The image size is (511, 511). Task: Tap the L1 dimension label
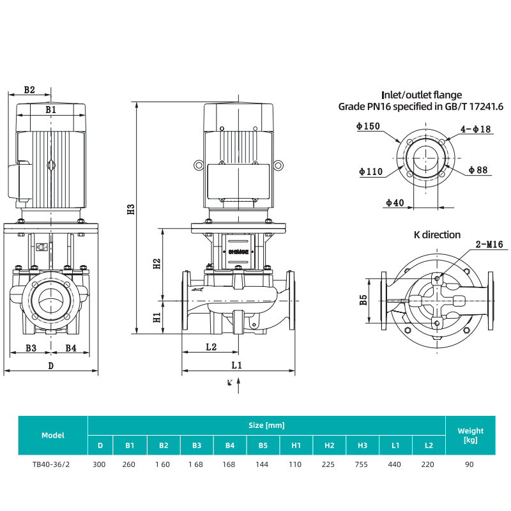[237, 365]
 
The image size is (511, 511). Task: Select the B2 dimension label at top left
[29, 90]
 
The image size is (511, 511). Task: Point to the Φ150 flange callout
[369, 126]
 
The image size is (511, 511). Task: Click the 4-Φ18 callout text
[477, 130]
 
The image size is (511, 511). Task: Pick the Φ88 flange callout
[478, 170]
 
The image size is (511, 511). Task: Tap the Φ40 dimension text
[395, 202]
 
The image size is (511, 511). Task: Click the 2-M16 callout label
[489, 244]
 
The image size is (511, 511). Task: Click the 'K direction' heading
[437, 235]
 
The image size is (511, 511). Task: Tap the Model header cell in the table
[53, 435]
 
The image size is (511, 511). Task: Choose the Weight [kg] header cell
[471, 435]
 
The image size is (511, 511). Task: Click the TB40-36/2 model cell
[51, 464]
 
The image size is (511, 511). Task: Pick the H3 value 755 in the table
[362, 464]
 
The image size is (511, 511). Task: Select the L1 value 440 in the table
[395, 464]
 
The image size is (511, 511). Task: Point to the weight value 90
[469, 464]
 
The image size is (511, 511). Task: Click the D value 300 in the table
[99, 464]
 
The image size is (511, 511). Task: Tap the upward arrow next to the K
[238, 384]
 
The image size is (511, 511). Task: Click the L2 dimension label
[211, 347]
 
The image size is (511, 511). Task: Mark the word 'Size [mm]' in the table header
[266, 425]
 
